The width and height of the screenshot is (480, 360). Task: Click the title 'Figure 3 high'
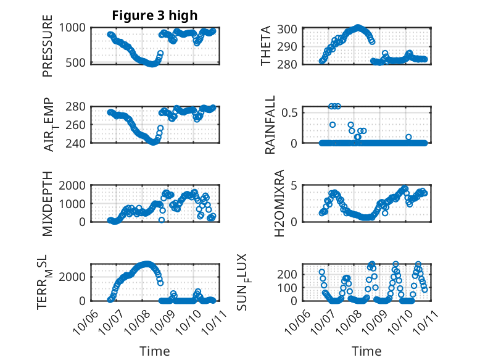[154, 15]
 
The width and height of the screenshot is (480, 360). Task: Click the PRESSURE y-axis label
[48, 46]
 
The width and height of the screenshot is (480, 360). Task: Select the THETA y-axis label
[266, 46]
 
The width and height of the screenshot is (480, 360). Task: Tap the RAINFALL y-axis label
[271, 125]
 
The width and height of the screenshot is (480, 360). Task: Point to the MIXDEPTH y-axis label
[48, 204]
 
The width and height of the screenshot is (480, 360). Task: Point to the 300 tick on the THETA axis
[290, 29]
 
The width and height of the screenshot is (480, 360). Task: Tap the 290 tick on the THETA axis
[290, 46]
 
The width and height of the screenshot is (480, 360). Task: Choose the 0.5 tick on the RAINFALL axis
[291, 112]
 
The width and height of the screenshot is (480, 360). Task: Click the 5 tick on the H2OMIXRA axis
[296, 185]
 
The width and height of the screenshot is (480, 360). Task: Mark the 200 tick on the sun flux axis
[290, 274]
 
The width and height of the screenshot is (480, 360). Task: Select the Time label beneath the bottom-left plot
[154, 351]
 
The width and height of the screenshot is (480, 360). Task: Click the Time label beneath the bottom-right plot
[366, 351]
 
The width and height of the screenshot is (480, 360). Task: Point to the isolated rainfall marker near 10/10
[408, 137]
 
